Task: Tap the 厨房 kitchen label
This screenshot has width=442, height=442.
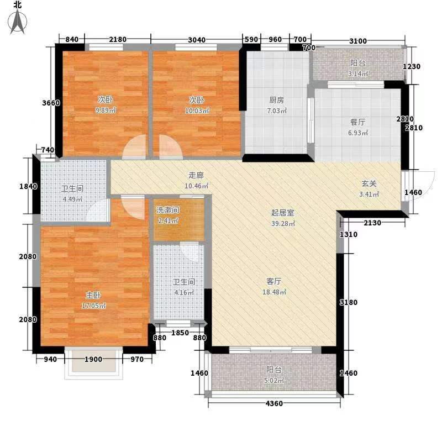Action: click(276, 100)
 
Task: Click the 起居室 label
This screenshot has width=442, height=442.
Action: click(282, 213)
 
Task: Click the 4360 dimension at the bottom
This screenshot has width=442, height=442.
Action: click(273, 403)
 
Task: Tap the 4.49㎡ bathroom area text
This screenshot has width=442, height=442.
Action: click(71, 199)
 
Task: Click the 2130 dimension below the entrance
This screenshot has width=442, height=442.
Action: click(373, 223)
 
